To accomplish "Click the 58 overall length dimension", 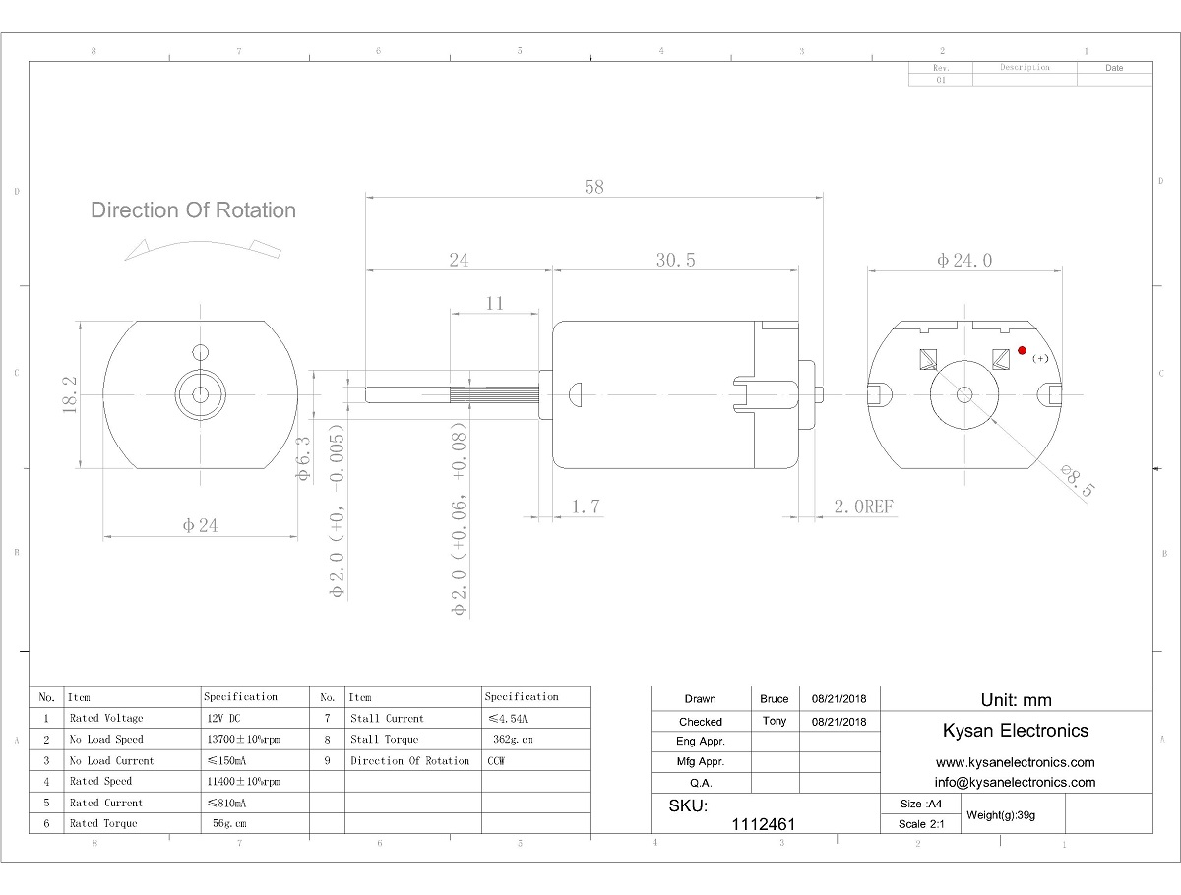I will [593, 187].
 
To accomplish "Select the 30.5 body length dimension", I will [676, 261].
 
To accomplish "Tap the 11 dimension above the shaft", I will [495, 304].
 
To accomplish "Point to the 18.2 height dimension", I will [70, 394].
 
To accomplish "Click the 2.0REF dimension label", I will [863, 507].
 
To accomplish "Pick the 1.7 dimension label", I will [586, 507].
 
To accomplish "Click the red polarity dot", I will [1023, 350].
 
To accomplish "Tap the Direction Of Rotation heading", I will [193, 209].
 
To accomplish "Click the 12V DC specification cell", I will [223, 718].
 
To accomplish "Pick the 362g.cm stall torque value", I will [512, 739].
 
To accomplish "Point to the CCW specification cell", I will [498, 760].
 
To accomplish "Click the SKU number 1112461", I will [764, 824].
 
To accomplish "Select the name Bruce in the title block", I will [775, 699].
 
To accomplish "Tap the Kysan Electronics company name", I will [1016, 730].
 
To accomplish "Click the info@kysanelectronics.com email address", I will [1015, 782].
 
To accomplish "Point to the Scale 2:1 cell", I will [921, 824].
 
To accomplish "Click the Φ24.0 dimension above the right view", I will [964, 261].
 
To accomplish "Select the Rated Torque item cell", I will [103, 823].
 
